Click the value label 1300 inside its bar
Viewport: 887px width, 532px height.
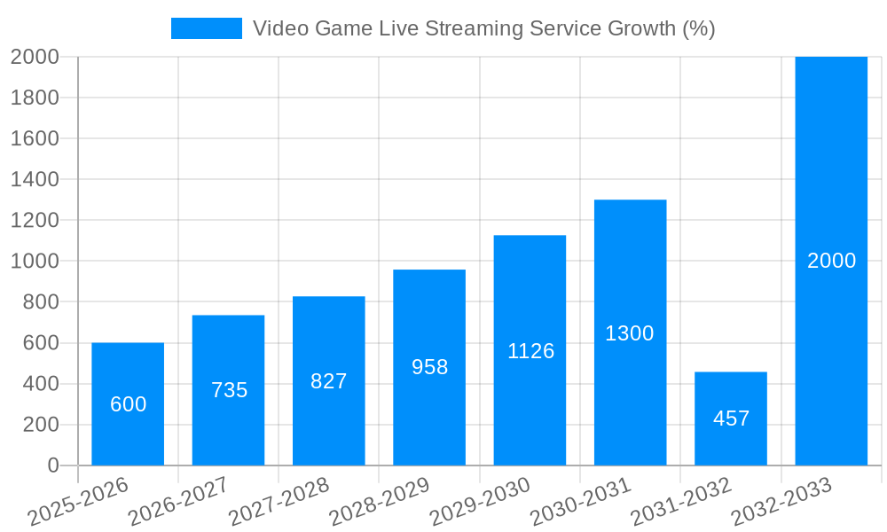pos(630,333)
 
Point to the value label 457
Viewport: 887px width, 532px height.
pos(731,419)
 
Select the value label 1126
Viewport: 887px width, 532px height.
pos(530,351)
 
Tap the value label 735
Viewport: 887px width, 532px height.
pos(229,390)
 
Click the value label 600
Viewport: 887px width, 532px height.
pos(128,404)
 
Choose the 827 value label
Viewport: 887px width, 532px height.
pos(329,381)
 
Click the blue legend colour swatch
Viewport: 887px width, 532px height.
pos(206,28)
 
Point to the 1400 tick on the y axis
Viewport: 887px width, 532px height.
pos(35,179)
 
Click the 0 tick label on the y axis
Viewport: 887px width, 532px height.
pos(52,465)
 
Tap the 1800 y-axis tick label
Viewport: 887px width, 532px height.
pos(35,98)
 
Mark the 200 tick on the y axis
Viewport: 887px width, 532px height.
pos(40,425)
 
